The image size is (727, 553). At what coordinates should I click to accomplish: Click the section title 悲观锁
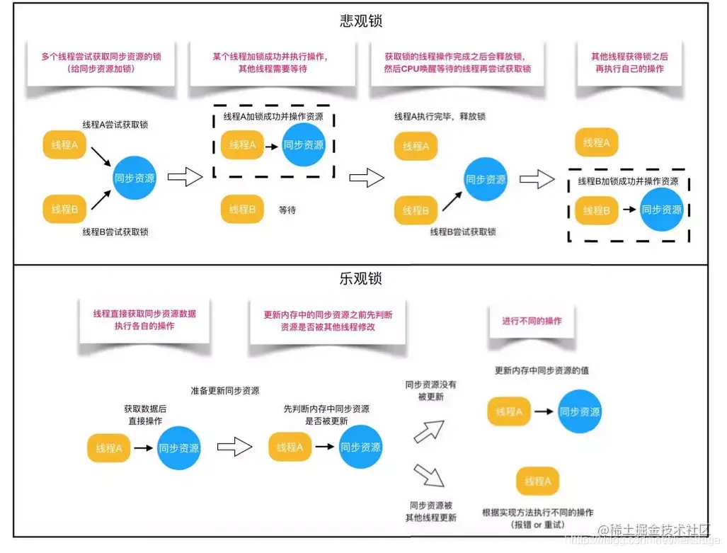pos(361,21)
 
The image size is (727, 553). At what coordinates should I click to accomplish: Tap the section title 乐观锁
pos(361,278)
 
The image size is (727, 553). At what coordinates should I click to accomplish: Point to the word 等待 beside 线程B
pos(287,210)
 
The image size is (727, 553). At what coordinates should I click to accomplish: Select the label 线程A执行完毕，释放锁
pos(440,116)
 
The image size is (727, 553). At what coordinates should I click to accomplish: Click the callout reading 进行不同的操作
pos(532,321)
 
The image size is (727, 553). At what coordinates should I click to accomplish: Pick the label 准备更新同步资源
pos(224,391)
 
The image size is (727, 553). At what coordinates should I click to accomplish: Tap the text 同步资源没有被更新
pos(430,391)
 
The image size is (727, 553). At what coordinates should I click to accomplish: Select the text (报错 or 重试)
pos(537,525)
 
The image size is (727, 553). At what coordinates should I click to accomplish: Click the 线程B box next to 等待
pos(242,210)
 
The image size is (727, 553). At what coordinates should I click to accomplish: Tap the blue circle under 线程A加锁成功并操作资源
pos(304,144)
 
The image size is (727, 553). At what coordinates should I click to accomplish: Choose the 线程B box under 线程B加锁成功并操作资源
pos(596,210)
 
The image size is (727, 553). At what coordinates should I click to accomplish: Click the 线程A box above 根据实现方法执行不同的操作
pos(538,481)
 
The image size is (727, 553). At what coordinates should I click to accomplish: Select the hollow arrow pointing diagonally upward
pos(429,430)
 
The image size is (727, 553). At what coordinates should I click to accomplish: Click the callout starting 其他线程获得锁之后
pos(630,63)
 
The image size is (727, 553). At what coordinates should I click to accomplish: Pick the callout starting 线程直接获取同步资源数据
pos(144,319)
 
